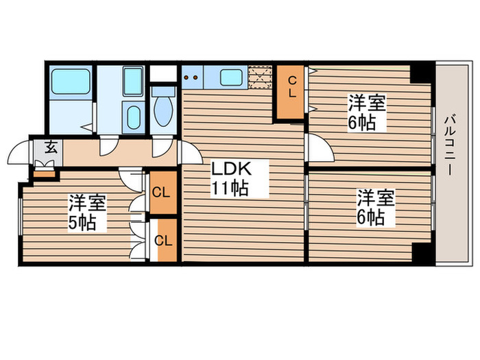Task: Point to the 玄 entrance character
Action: [51, 146]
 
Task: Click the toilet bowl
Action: [164, 110]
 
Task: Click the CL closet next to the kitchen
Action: [291, 91]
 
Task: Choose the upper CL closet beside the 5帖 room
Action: [162, 191]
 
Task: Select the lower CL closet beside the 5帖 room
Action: [164, 240]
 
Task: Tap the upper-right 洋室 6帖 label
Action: [366, 114]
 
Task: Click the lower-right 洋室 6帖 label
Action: [375, 207]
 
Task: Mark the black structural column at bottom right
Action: [422, 253]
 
